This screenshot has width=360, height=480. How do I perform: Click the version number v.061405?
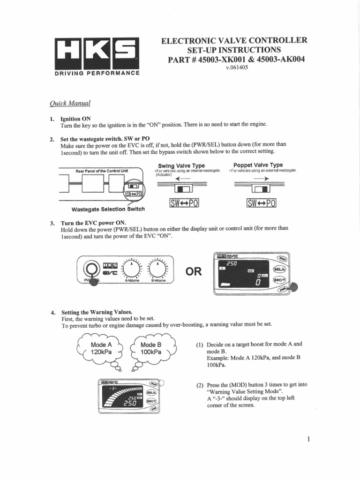237,67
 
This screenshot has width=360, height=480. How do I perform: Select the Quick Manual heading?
70,104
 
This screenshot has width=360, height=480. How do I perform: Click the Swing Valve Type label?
178,165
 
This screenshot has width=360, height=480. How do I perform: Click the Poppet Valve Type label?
258,165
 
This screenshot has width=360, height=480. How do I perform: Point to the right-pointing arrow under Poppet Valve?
261,179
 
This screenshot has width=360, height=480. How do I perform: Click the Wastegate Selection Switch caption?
108,209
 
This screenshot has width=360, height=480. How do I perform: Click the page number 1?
308,439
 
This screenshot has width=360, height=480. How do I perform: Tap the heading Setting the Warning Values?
97,312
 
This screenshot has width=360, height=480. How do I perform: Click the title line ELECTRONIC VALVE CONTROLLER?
234,40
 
